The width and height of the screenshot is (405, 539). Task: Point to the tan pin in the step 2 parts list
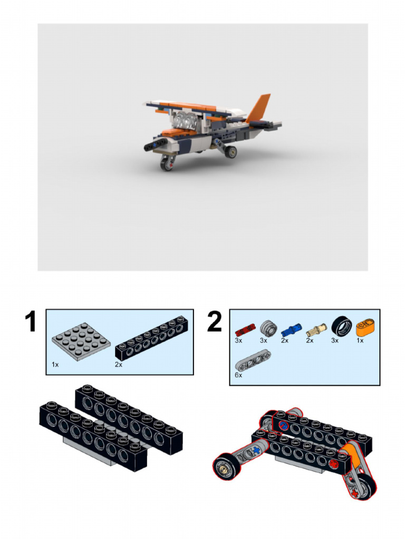(316, 330)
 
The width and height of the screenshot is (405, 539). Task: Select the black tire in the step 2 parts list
(341, 329)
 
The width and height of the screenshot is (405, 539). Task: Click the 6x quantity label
(238, 375)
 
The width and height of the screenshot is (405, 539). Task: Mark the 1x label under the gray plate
(55, 364)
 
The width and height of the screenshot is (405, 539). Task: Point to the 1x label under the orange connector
(360, 341)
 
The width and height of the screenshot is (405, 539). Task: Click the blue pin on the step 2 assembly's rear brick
(283, 425)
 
